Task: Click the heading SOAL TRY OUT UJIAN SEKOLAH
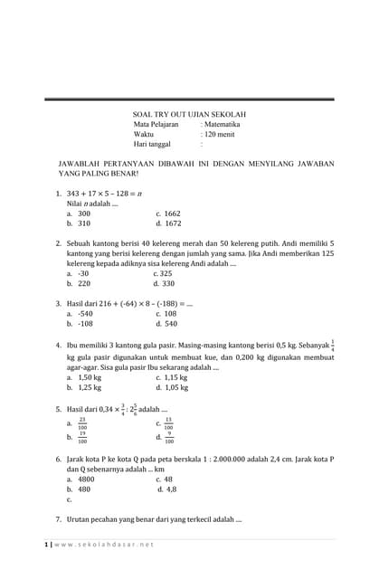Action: tap(189, 114)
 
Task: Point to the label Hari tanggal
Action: tap(152, 144)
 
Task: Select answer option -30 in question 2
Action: tap(83, 273)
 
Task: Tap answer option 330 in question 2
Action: tap(168, 283)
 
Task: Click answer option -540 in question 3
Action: tap(86, 313)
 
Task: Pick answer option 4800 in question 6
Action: tap(87, 479)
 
